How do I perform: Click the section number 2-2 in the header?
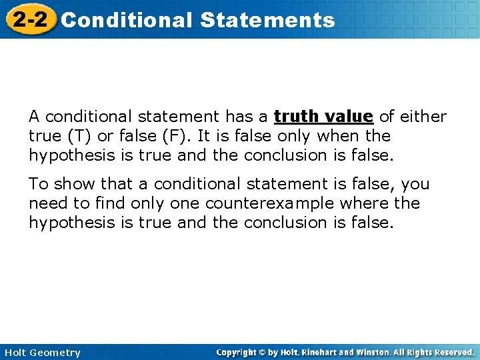point(29,19)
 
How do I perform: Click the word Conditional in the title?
point(126,20)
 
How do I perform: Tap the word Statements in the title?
point(267,20)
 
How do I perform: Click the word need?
point(47,203)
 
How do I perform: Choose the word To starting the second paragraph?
point(38,183)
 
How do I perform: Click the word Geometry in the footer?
point(57,353)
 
